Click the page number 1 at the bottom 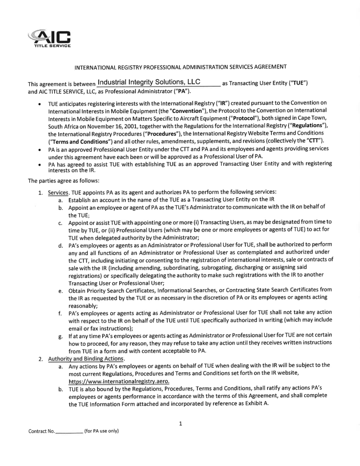pyautogui.click(x=180, y=424)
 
